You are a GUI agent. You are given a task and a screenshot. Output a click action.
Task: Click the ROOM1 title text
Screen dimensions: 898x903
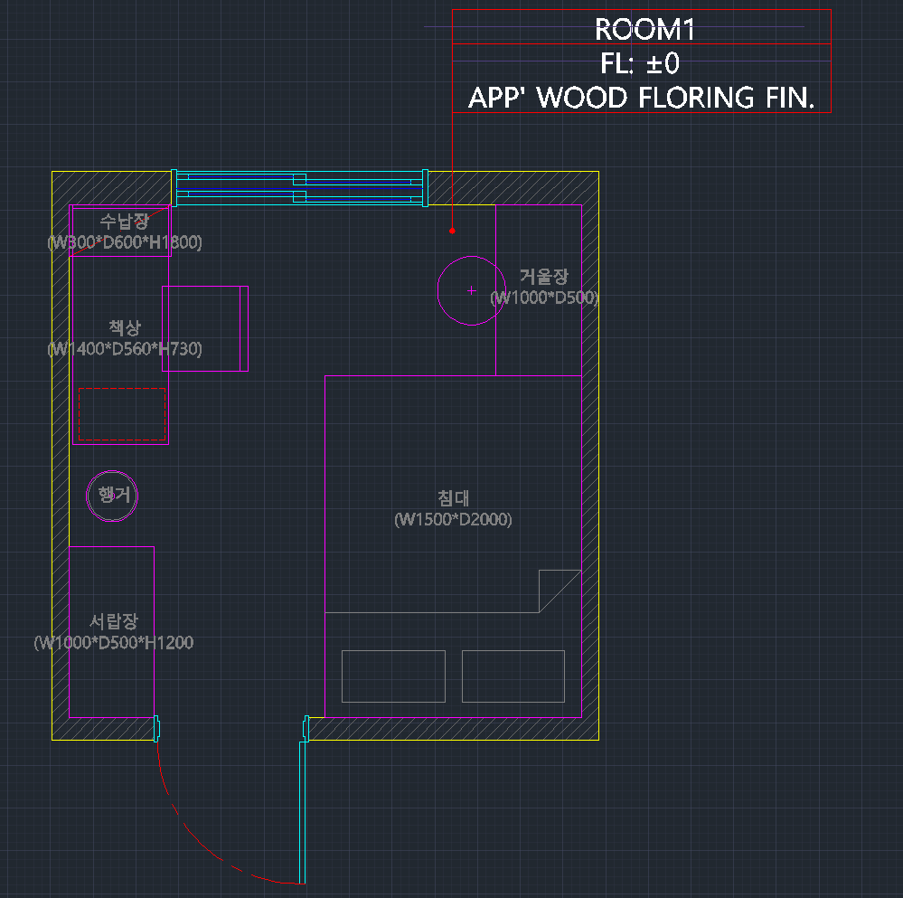(x=644, y=30)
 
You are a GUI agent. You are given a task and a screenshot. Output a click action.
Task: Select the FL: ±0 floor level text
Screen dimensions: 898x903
(x=639, y=63)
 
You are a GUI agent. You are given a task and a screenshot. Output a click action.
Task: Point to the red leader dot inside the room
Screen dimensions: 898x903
(x=452, y=232)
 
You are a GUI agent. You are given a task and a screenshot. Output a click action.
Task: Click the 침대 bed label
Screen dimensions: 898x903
(x=453, y=498)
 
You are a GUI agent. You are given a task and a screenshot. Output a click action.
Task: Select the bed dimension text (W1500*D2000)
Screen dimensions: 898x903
(x=453, y=520)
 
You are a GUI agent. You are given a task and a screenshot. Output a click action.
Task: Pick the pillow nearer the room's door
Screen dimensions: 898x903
(x=393, y=676)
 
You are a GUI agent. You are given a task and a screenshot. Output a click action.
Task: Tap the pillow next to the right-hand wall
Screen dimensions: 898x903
(x=513, y=676)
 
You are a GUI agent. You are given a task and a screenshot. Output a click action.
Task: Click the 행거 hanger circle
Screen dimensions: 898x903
(x=112, y=495)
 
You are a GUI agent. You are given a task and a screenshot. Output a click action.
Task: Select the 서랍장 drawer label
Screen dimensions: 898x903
(x=114, y=621)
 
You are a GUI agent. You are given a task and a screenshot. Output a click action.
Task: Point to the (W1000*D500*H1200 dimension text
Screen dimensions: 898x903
(x=114, y=643)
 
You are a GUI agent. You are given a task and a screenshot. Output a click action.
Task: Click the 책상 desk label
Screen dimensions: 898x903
(x=125, y=327)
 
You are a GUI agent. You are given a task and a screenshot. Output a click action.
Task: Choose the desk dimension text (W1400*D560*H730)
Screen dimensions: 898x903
(x=125, y=349)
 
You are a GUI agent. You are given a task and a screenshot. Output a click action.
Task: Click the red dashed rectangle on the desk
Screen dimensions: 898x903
(x=121, y=413)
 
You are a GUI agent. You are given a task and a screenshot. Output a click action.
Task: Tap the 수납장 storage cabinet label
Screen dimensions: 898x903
(x=124, y=222)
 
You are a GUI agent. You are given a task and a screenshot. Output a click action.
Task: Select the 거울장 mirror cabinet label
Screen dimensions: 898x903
(x=544, y=277)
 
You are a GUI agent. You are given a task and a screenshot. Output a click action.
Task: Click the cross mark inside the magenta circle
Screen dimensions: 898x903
(x=471, y=290)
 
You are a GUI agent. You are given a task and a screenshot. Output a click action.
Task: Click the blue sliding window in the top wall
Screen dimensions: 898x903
(x=299, y=188)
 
